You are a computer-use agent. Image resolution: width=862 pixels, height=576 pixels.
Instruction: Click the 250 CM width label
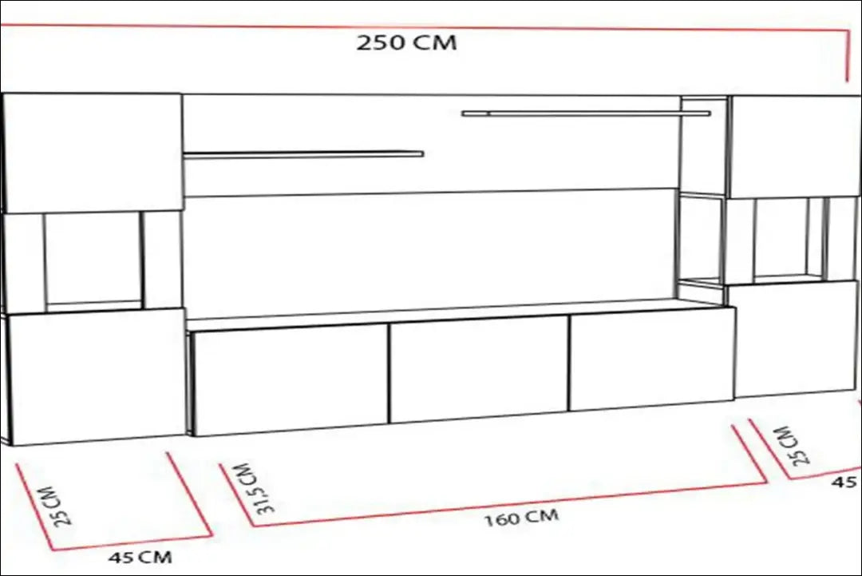(x=406, y=42)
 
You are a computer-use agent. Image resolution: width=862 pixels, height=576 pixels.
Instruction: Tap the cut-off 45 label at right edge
(x=846, y=482)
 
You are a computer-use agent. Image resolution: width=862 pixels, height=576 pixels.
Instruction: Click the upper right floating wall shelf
(x=585, y=113)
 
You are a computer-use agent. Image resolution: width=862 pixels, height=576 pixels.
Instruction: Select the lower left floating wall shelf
(x=303, y=154)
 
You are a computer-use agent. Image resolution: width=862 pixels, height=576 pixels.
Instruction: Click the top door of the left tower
(x=93, y=152)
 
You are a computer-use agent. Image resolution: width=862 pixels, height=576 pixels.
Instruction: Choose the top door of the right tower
(x=795, y=146)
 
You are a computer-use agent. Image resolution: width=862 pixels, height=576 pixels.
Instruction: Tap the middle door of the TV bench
(x=479, y=368)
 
